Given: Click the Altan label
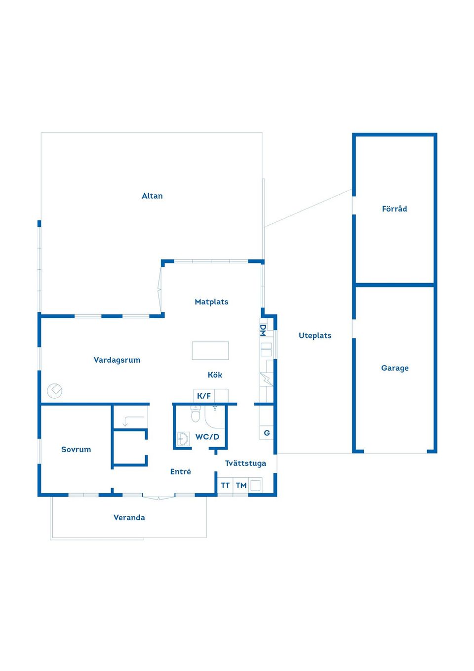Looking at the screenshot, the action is (x=152, y=196).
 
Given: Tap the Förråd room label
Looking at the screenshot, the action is (x=395, y=209).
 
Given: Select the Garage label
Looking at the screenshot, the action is (x=395, y=368).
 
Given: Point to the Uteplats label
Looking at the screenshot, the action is (x=315, y=336).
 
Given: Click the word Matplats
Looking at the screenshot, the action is (x=211, y=302).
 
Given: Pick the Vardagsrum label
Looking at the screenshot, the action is (x=117, y=360).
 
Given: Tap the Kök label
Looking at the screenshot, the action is (x=215, y=375).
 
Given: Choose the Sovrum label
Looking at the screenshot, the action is (x=76, y=449).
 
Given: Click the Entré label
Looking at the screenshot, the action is (x=180, y=471).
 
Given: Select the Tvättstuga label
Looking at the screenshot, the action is (x=245, y=463).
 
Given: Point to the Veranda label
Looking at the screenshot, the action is (x=129, y=518).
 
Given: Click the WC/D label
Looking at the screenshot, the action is (x=207, y=437).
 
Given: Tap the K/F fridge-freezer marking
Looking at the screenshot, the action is (x=204, y=396).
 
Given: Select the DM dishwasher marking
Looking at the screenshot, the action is (x=263, y=330).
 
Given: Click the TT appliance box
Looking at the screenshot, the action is (x=225, y=485).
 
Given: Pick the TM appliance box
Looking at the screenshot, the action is (x=241, y=485).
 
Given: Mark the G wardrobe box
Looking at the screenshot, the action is (x=267, y=433).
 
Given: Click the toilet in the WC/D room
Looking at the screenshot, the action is (x=196, y=414).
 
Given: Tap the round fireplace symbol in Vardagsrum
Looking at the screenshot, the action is (x=54, y=391).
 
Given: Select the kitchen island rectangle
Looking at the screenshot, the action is (x=210, y=350).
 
